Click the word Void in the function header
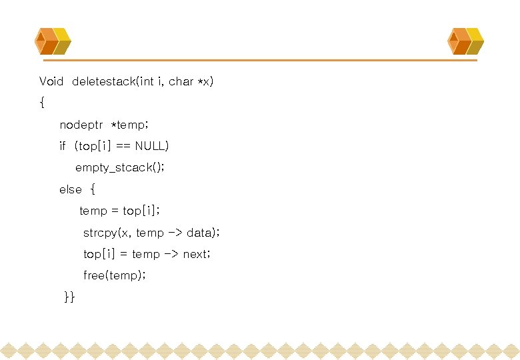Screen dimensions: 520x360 51,81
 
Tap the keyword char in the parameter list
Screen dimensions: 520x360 181,81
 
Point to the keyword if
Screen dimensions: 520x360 63,146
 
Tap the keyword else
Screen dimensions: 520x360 70,189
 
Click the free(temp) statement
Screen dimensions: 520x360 114,275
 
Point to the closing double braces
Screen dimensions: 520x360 69,297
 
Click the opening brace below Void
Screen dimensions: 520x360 42,103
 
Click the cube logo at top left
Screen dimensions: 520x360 53,41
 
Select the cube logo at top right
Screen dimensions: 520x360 465,41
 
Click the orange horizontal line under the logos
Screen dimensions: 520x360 267,61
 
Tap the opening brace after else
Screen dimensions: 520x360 93,189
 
